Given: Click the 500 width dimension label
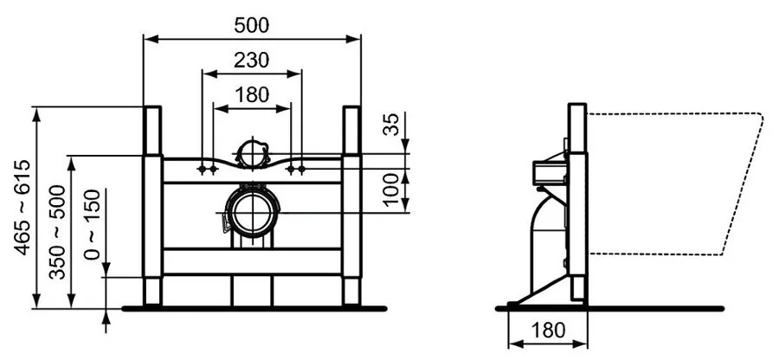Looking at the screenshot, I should (x=251, y=25).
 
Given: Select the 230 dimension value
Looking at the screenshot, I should (x=251, y=61).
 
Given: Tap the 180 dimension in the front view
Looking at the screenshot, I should (x=251, y=95).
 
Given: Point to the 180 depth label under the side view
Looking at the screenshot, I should (x=548, y=330).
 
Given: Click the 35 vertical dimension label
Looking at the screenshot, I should (x=391, y=125).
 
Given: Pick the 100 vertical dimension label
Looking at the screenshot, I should (x=391, y=188).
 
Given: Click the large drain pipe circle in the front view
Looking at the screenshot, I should (x=251, y=211).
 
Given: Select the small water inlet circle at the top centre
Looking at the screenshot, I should (x=251, y=153).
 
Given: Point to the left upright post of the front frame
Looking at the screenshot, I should (x=152, y=208).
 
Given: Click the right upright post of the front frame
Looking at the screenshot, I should (x=351, y=208).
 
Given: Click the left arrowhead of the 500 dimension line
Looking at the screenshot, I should (x=149, y=38).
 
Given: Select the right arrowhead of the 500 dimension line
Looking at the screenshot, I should (x=355, y=38).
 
